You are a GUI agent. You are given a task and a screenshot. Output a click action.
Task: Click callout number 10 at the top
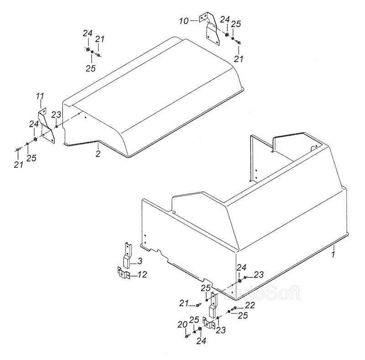tap(184, 21)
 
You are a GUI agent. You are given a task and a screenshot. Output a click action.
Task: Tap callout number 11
tap(40, 96)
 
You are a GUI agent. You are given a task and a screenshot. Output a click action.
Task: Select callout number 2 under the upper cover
tap(98, 154)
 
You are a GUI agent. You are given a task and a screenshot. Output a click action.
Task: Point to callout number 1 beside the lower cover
tap(334, 254)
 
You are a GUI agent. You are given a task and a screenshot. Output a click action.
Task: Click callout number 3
tap(140, 261)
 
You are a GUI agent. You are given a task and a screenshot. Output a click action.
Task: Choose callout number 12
tap(142, 275)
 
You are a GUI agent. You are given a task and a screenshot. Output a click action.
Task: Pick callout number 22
tap(250, 305)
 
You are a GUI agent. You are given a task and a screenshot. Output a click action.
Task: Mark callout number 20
tap(182, 324)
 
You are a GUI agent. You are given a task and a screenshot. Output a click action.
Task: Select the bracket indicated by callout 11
tap(47, 126)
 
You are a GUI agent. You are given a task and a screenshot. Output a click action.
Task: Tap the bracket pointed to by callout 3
tap(127, 255)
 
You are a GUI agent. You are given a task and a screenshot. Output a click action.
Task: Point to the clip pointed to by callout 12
tap(123, 273)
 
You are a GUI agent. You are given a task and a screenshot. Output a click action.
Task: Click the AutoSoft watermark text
tap(263, 293)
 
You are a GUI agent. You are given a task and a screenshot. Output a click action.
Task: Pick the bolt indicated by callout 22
tap(234, 308)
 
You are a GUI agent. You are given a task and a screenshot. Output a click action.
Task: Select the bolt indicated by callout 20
tap(187, 336)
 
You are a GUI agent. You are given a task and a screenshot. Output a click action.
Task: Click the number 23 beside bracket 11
tap(56, 115)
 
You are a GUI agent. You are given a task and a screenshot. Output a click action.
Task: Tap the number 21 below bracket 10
tap(238, 59)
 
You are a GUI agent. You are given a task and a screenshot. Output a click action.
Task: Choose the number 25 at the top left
tap(90, 69)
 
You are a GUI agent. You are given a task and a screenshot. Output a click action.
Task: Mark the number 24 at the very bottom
tap(201, 341)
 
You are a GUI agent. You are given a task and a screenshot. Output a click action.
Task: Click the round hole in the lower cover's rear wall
tap(314, 148)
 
